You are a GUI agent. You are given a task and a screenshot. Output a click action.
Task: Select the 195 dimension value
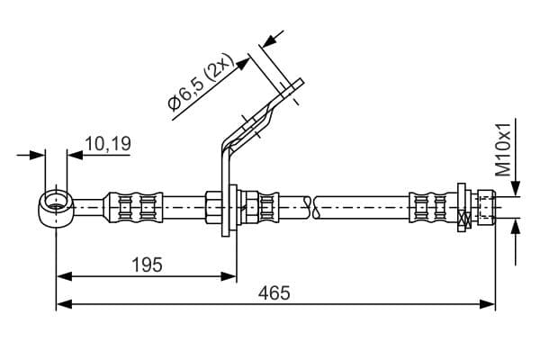point(147,265)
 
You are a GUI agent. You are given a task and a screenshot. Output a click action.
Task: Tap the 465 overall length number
point(275,293)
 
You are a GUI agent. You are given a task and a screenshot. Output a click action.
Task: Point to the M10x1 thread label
point(504,148)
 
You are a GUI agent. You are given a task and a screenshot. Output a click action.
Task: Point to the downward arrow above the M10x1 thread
point(516,188)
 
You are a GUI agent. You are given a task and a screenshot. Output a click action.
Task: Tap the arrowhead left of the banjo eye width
point(39,154)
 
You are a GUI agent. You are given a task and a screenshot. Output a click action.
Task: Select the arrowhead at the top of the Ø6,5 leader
point(266,41)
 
